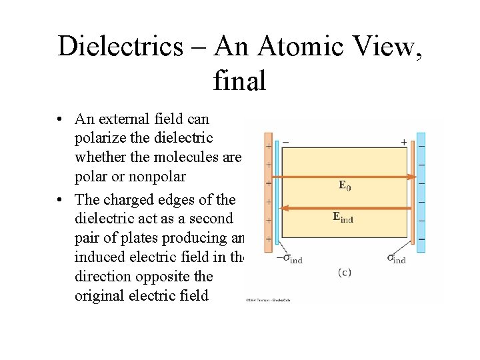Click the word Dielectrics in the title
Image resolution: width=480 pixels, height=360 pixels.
pos(120,45)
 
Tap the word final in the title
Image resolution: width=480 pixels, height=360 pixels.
pos(239,81)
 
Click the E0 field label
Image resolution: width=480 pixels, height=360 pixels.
pos(343,185)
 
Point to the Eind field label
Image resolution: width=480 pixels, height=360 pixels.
pos(343,217)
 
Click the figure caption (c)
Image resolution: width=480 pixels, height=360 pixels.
pos(345,272)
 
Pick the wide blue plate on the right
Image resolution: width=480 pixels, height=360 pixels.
pos(421,192)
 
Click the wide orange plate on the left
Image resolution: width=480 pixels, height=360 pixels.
pos(268,192)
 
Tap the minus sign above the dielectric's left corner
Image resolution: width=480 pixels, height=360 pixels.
pos(285,142)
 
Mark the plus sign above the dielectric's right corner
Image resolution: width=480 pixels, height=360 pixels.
pos(403,142)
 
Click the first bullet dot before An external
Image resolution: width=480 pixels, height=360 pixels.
pos(60,120)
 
